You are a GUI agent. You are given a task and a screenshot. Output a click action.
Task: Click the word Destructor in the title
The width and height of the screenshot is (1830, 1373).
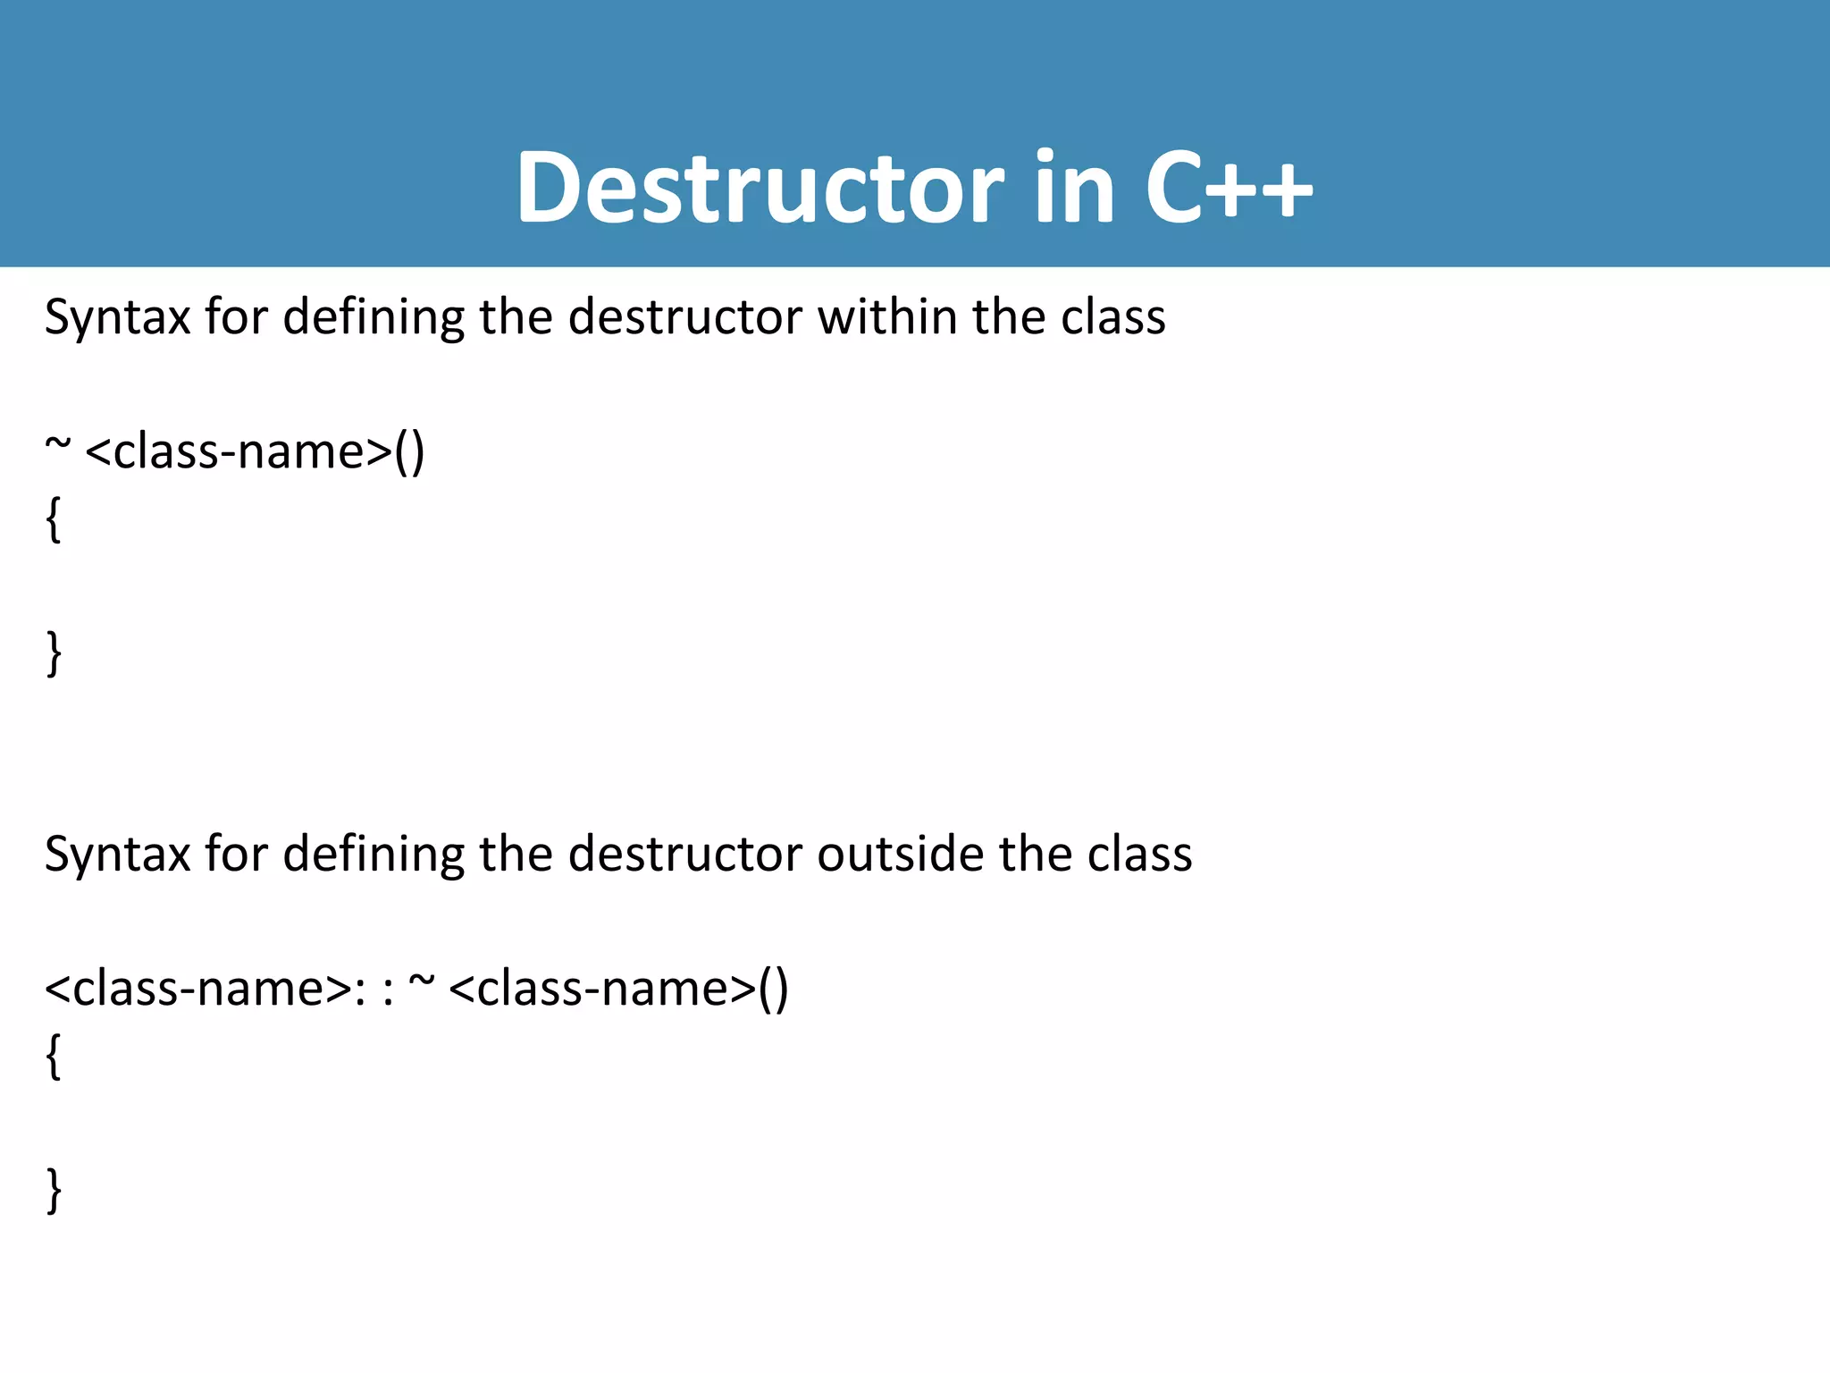tap(760, 188)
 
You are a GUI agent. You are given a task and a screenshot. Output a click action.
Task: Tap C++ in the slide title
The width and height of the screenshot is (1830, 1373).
tap(1229, 188)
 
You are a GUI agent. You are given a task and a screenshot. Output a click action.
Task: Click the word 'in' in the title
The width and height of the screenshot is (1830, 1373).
tap(1074, 188)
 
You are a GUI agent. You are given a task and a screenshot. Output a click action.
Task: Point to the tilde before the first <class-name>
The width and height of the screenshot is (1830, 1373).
tap(57, 444)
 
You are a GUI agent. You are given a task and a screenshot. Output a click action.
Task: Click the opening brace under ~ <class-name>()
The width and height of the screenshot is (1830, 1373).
tap(54, 519)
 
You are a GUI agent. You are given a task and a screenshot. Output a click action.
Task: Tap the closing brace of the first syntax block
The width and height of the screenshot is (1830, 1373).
tap(54, 653)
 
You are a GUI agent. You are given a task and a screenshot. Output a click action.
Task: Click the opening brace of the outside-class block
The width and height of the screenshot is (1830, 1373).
tap(54, 1056)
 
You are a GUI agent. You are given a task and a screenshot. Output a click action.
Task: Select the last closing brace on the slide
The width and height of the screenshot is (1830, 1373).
tap(54, 1190)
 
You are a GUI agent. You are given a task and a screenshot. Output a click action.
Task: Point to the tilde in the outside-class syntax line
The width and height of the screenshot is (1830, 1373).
tap(421, 981)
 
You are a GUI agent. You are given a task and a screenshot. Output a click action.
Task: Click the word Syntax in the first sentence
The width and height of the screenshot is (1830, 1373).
tap(117, 317)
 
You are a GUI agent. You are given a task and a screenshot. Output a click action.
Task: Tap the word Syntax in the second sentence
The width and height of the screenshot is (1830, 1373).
tap(117, 854)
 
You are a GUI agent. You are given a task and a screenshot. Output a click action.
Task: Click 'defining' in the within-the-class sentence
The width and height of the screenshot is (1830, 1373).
tap(374, 317)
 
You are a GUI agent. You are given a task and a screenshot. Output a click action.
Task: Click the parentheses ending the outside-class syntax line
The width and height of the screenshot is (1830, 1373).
tap(773, 989)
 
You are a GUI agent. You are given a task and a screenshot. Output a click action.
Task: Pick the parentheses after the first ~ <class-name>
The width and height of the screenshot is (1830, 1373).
tap(409, 451)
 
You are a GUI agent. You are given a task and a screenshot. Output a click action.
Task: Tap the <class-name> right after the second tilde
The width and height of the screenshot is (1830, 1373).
tap(602, 989)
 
